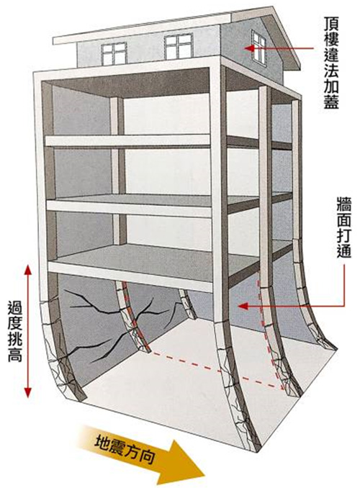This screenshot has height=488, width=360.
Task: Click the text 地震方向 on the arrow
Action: [125, 450]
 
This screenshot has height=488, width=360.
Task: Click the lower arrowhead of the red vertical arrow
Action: [28, 392]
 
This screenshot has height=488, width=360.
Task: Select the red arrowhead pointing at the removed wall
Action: [243, 306]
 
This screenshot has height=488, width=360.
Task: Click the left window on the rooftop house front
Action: [114, 53]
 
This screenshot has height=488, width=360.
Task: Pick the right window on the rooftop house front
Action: [178, 46]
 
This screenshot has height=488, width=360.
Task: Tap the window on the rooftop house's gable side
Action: [258, 48]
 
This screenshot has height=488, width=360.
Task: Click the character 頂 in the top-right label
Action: [330, 24]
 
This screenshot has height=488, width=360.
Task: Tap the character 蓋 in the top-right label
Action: [330, 102]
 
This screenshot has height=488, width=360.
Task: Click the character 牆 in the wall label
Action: [344, 204]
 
